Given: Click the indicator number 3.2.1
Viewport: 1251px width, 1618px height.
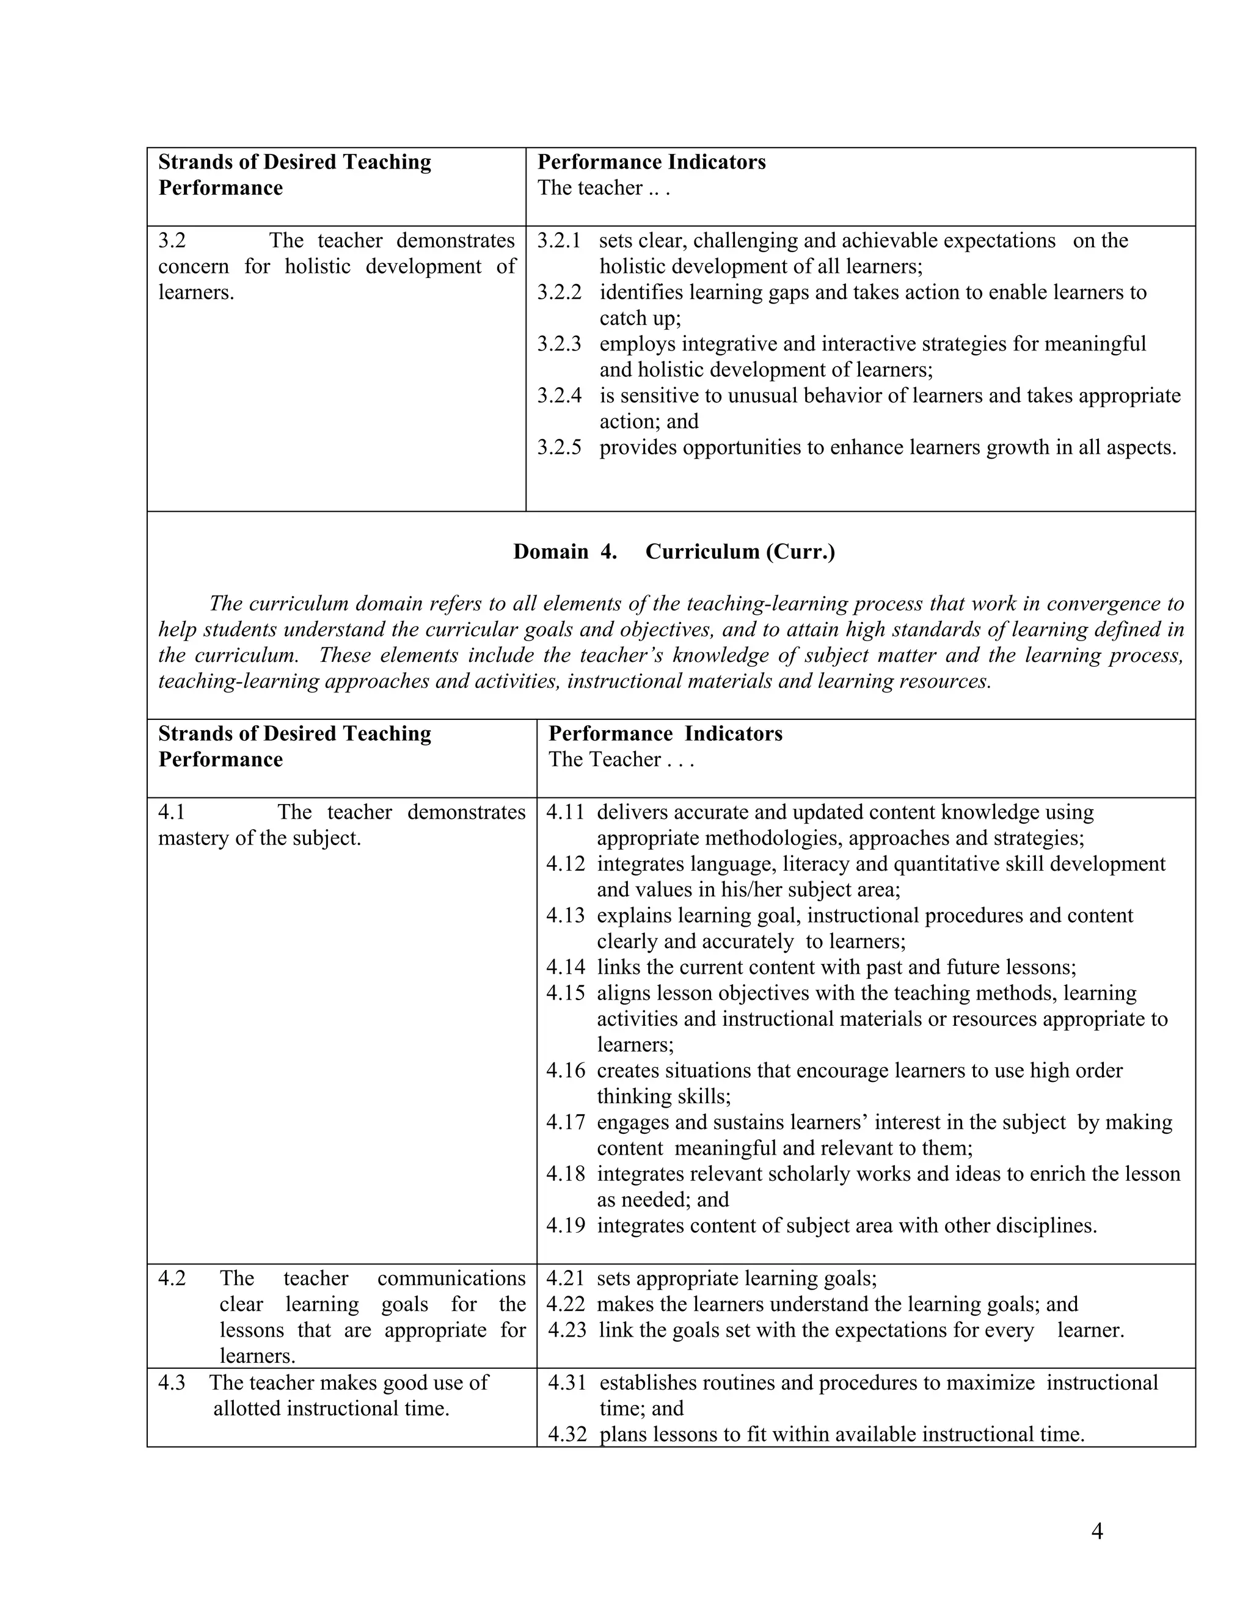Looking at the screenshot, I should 559,241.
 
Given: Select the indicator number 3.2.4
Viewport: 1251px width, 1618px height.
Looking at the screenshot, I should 559,396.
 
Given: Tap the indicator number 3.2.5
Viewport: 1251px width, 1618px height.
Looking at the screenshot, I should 559,448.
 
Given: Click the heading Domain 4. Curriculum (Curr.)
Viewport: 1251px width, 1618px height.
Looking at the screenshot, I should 674,551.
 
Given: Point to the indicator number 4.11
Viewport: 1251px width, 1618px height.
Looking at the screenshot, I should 566,812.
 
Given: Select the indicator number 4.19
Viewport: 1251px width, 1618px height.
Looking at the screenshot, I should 566,1225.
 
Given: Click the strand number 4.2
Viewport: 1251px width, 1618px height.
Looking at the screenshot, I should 172,1278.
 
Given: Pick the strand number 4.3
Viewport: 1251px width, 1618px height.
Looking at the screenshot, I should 172,1382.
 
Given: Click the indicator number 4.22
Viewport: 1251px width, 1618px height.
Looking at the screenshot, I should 566,1304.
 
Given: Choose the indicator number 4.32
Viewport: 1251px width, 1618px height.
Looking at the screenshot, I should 567,1434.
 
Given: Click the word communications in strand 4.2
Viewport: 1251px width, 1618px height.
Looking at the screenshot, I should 451,1278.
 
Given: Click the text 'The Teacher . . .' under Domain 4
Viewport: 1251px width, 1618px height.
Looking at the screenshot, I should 621,760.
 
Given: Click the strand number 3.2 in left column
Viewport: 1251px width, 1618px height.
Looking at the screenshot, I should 172,241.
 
